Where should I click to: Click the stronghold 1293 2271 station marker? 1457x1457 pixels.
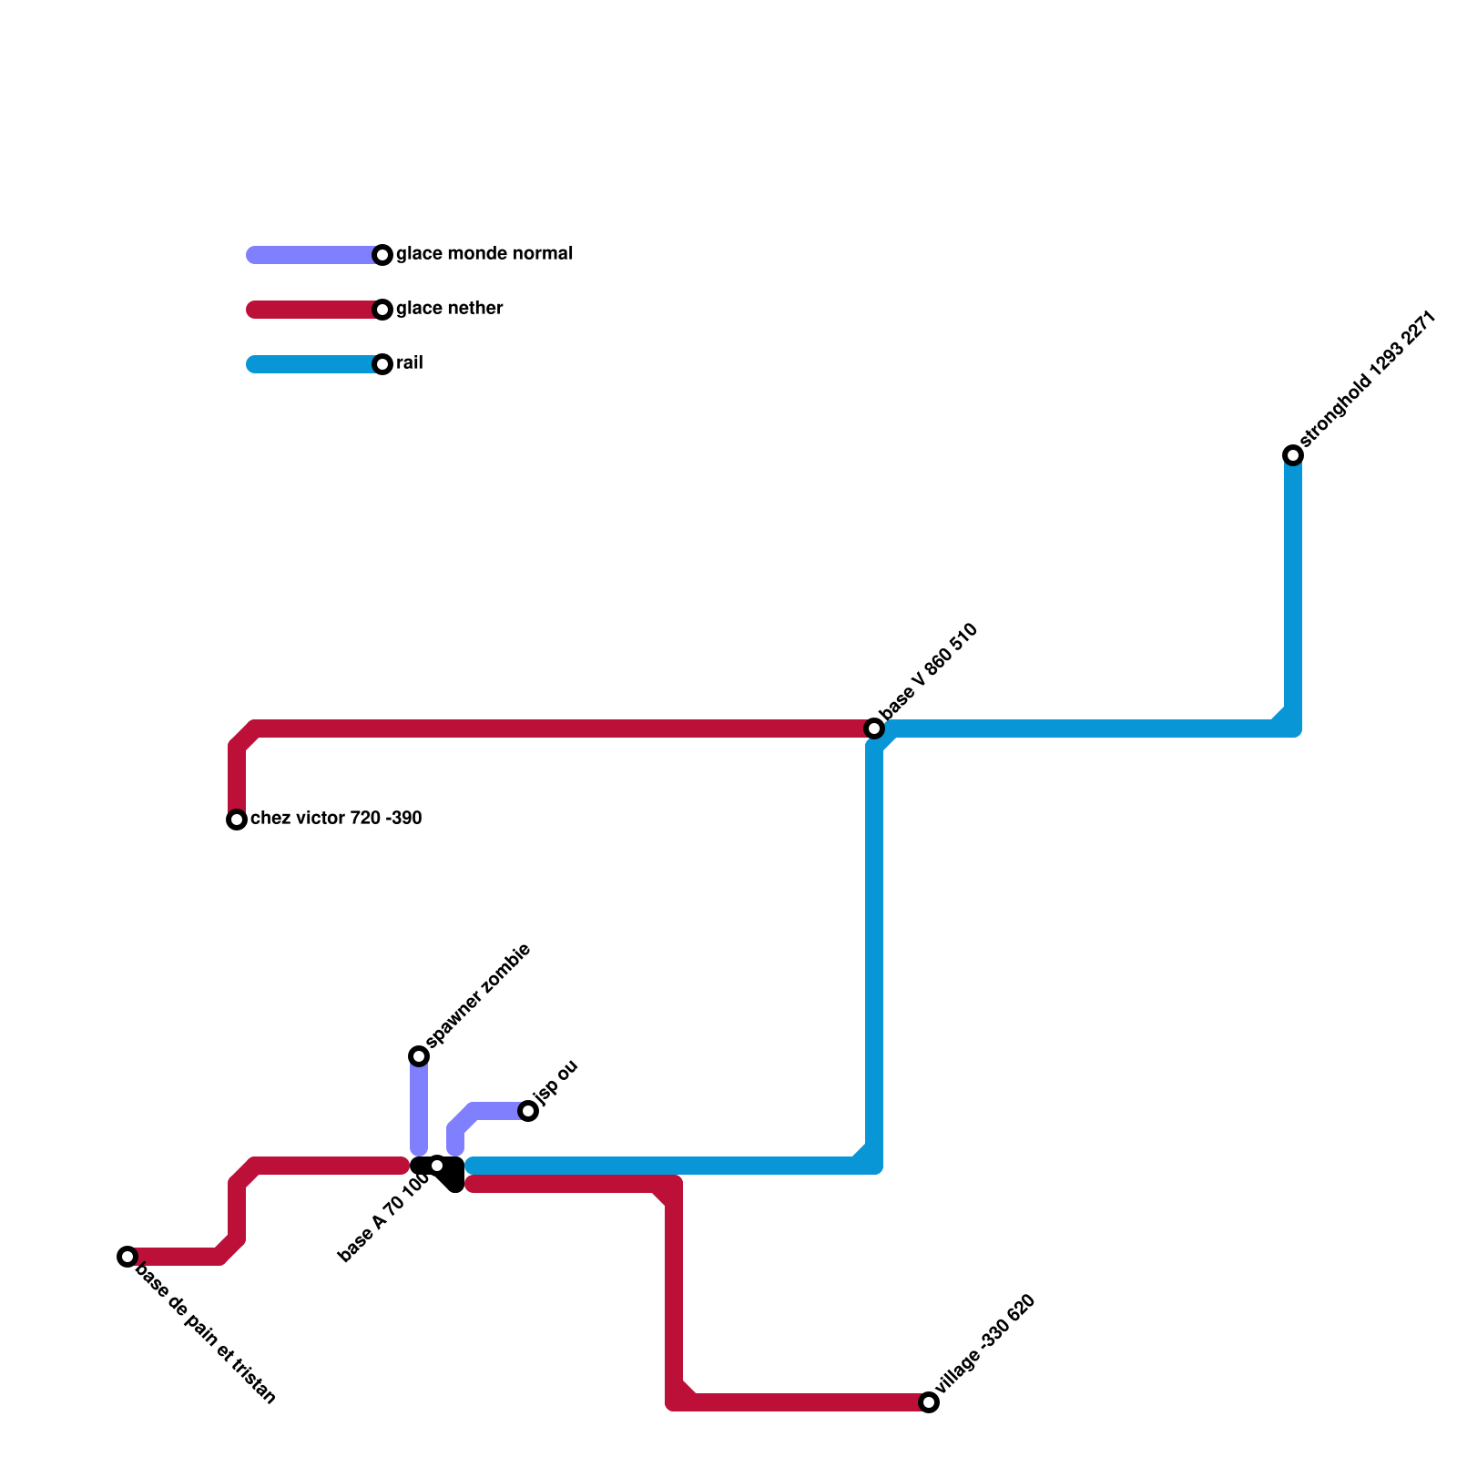(x=1293, y=455)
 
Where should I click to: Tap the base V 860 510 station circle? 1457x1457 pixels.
(x=874, y=728)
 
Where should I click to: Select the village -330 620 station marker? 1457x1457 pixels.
(x=929, y=1402)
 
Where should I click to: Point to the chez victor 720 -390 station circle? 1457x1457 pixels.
(x=237, y=820)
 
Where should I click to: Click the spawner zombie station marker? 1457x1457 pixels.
(x=419, y=1056)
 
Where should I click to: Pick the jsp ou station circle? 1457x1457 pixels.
(x=528, y=1111)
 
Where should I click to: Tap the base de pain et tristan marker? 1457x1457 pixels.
(x=127, y=1257)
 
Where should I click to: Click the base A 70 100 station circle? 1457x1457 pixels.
(x=437, y=1166)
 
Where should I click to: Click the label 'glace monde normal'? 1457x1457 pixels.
(x=484, y=254)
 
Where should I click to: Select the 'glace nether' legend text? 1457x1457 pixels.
(x=449, y=309)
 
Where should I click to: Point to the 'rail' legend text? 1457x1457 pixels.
(x=409, y=363)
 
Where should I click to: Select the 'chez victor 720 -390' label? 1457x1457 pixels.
(x=336, y=819)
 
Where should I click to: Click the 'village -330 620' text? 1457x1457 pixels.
(x=987, y=1344)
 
